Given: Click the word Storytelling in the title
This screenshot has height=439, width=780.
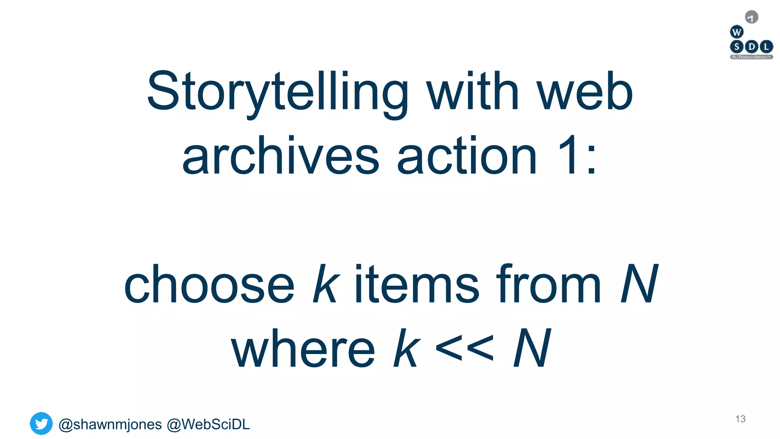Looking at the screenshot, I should [x=277, y=92].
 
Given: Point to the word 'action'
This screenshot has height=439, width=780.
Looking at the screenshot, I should [x=467, y=156].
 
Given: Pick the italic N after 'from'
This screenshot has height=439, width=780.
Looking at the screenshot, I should [x=639, y=284].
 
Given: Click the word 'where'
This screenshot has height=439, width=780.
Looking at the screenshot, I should [x=303, y=348].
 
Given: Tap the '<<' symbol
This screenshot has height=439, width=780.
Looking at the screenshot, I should [x=464, y=348].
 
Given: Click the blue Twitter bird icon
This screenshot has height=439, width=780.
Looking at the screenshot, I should [x=41, y=423].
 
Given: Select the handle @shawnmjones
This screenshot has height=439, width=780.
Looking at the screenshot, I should [x=110, y=425].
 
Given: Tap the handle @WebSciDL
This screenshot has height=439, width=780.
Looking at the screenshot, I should [x=208, y=425].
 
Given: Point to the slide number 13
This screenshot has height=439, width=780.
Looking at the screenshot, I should [x=740, y=419].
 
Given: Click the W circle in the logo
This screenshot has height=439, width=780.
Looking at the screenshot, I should [x=737, y=32].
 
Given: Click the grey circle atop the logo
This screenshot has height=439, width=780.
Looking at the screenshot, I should [x=751, y=17].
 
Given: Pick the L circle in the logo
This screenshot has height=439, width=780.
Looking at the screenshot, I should [x=766, y=47].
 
